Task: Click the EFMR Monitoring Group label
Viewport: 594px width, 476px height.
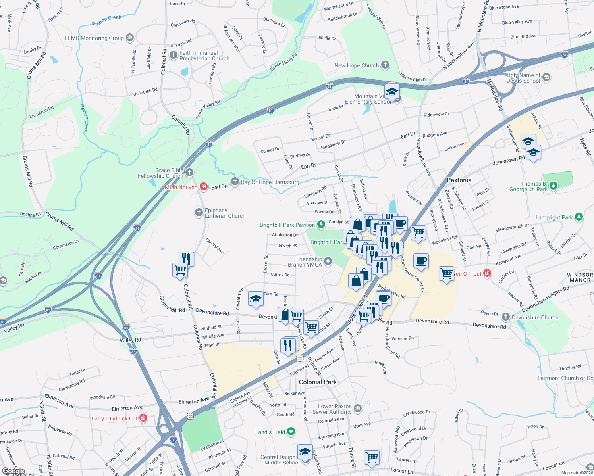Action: [x=94, y=38]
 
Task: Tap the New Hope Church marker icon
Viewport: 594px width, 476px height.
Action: [x=385, y=65]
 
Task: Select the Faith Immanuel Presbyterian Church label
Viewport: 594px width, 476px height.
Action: [x=204, y=56]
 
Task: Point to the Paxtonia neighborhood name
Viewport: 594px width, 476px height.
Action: [x=459, y=180]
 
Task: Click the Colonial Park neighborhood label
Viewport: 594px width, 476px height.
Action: [x=318, y=382]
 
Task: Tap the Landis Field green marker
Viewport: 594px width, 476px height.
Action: [x=291, y=432]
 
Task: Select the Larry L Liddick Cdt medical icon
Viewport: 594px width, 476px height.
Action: [x=144, y=418]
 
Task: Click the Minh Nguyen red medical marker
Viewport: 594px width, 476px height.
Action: [x=204, y=187]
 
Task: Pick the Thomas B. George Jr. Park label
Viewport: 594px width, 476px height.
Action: [x=528, y=186]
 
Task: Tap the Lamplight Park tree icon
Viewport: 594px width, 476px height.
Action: [x=579, y=217]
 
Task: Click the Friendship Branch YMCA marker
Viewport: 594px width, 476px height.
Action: [x=328, y=261]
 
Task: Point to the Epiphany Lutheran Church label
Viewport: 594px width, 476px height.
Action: [x=225, y=213]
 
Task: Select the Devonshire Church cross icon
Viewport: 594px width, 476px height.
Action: [x=505, y=317]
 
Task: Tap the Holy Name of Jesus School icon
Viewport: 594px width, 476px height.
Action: [x=546, y=77]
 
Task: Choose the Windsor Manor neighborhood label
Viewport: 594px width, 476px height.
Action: [x=580, y=277]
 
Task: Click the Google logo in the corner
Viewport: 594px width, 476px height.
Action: [x=13, y=471]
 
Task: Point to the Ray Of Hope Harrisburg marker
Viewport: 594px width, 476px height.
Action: [x=235, y=182]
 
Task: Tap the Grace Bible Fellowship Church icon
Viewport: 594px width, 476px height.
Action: [x=189, y=172]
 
